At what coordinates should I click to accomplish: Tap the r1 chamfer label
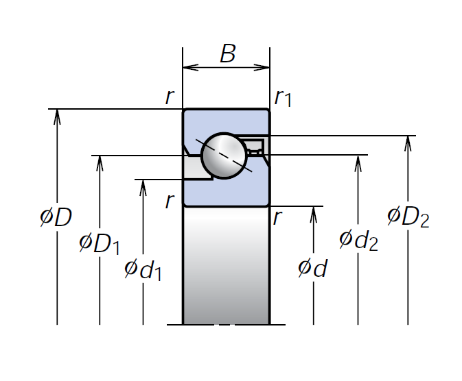[283, 98]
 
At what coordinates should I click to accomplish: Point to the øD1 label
[100, 243]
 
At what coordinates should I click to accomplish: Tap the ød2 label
[358, 240]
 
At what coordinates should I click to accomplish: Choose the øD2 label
[408, 217]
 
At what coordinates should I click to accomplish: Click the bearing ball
[224, 156]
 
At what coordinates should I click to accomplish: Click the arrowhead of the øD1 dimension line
[100, 162]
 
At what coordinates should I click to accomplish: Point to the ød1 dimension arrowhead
[143, 186]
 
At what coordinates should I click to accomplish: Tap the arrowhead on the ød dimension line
[313, 212]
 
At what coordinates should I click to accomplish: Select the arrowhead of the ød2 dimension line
[358, 162]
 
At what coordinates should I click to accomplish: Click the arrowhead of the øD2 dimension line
[408, 142]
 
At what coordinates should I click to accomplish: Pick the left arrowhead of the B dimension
[189, 67]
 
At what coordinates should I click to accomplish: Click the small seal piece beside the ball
[255, 146]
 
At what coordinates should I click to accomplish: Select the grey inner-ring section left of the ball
[196, 168]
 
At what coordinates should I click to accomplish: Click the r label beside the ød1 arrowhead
[170, 200]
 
